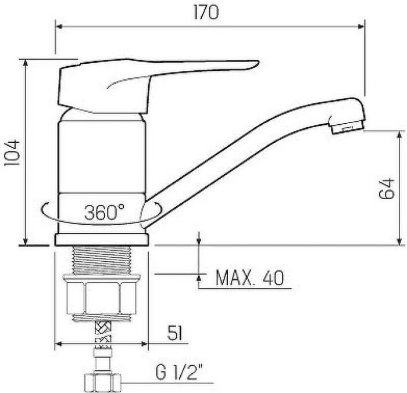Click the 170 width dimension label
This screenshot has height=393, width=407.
coord(206,12)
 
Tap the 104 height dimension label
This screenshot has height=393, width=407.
coord(12,153)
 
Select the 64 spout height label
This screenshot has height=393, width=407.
coord(386,188)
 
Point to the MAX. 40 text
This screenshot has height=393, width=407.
coord(249,277)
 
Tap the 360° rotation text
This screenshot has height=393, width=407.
coord(104,212)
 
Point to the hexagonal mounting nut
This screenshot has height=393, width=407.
coord(102,298)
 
